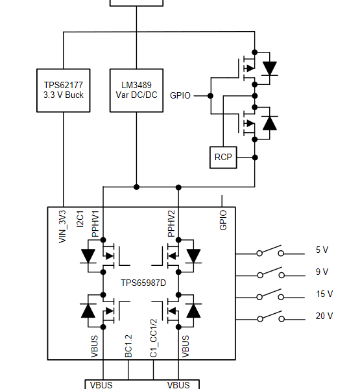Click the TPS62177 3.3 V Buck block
pos(64,90)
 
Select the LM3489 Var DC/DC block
pos(137,90)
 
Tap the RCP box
pos(223,158)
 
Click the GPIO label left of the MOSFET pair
pos(180,95)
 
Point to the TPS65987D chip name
pos(143,283)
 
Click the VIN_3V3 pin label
pos(62,226)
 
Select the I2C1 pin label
pos(80,219)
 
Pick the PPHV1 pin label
pos(95,224)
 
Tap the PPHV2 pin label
pos(171,223)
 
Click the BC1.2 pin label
pos(128,346)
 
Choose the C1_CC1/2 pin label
pos(154,338)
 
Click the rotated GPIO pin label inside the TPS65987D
pos(223,220)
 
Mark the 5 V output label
pos(322,250)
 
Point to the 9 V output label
pos(322,272)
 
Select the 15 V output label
pos(324,294)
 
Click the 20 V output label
pos(324,316)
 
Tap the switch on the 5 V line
pos(270,250)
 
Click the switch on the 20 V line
pos(270,316)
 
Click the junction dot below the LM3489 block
pos(136,187)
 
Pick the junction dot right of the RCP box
pos(255,158)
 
